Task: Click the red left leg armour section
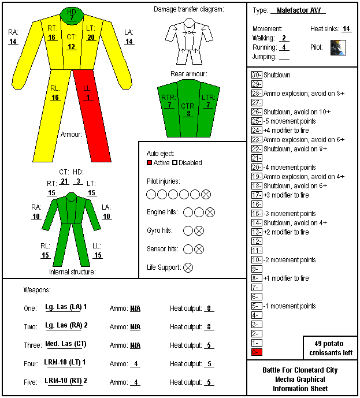click(92, 116)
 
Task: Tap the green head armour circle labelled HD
click(72, 16)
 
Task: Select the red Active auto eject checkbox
click(149, 163)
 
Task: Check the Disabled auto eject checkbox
click(175, 163)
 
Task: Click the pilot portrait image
click(338, 47)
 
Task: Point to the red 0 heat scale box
click(257, 352)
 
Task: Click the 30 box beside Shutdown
click(257, 75)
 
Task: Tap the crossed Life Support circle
click(188, 267)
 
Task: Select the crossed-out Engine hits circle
click(210, 213)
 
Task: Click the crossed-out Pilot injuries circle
click(206, 195)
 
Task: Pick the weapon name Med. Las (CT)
click(66, 344)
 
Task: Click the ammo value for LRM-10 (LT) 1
click(136, 364)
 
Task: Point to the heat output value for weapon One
click(209, 308)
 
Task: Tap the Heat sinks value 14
click(346, 29)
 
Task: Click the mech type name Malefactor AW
click(299, 10)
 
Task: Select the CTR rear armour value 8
click(188, 113)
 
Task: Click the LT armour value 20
click(91, 38)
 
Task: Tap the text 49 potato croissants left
click(331, 348)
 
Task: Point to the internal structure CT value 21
click(64, 181)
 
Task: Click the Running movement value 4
click(284, 47)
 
